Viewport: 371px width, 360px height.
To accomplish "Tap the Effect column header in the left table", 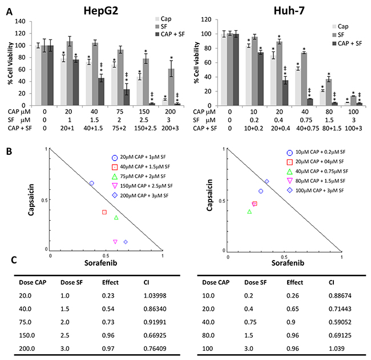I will click(110, 282).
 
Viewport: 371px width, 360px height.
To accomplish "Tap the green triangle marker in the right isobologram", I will click(249, 212).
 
